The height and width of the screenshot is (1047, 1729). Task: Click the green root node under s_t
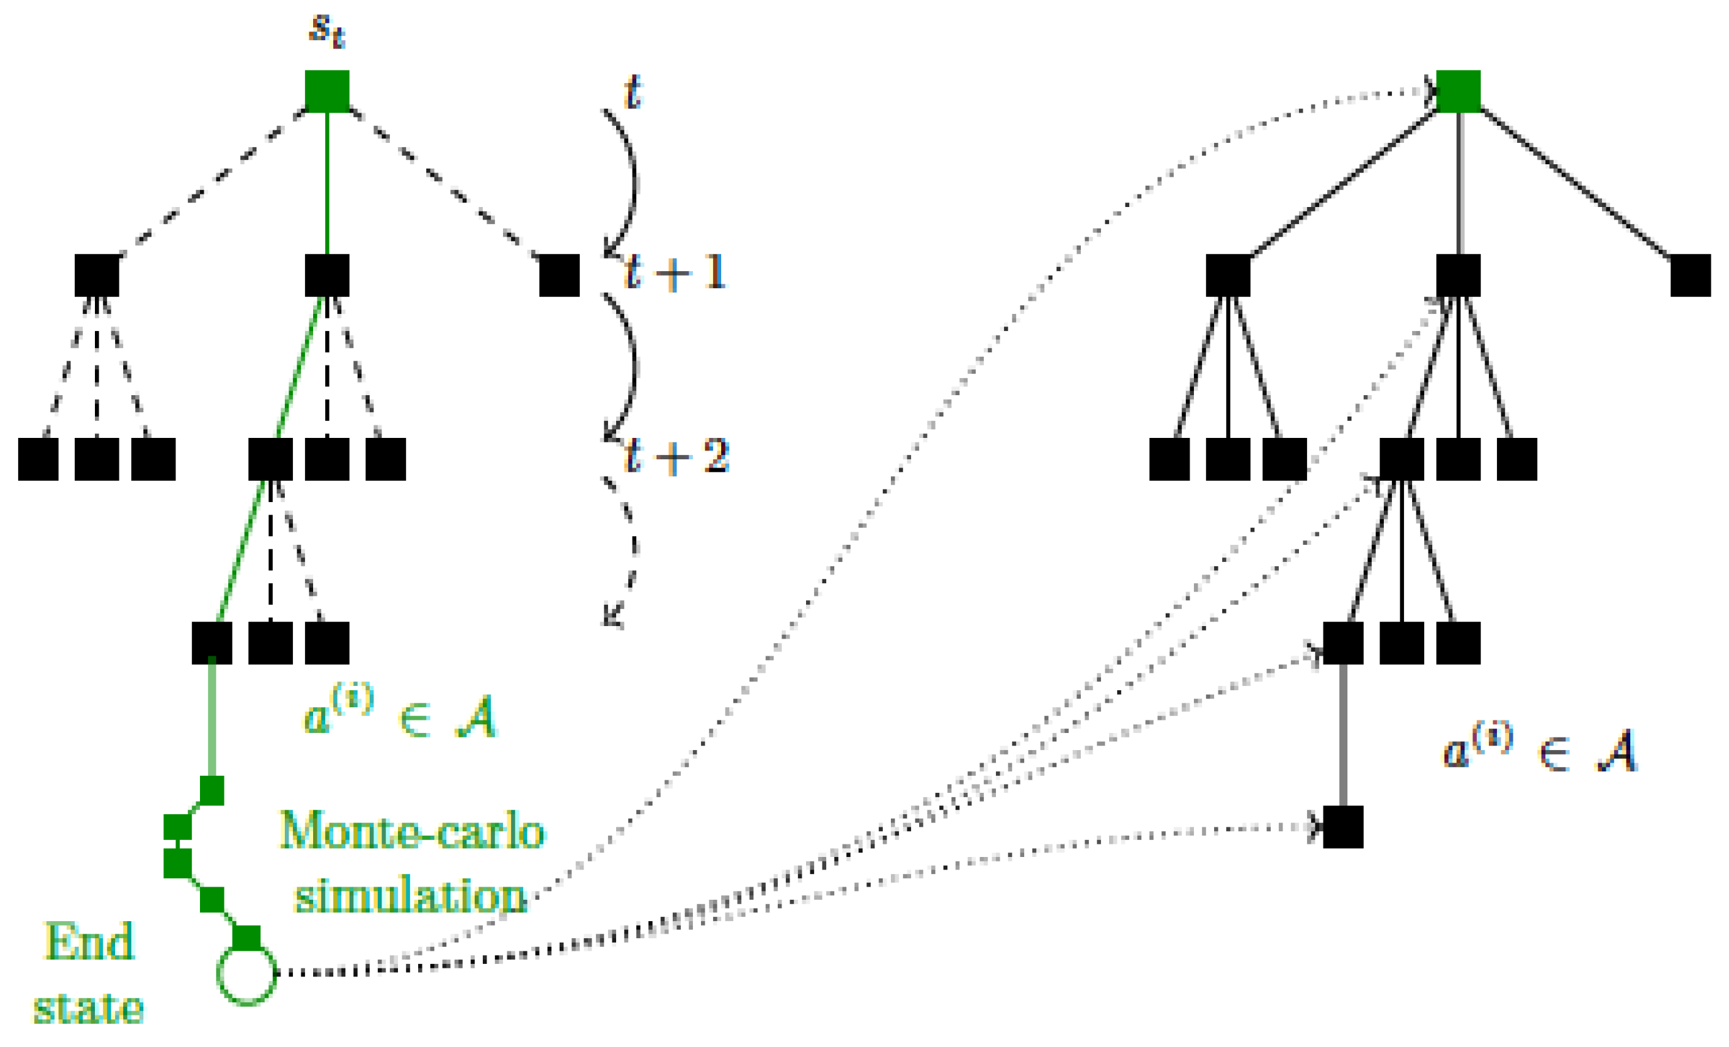point(327,91)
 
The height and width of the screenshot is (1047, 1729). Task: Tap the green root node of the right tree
point(1458,91)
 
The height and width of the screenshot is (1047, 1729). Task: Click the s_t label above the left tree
point(327,30)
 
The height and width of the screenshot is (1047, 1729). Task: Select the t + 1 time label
point(675,272)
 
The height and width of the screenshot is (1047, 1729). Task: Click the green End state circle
point(246,975)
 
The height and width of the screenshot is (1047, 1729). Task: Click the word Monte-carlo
point(412,832)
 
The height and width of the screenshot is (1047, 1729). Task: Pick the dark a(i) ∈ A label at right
point(1539,748)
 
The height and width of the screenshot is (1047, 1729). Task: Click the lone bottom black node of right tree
point(1342,827)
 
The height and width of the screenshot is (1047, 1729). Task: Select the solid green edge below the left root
point(327,182)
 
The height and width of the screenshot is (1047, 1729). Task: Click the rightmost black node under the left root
point(560,275)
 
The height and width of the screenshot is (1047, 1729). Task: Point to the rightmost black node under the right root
point(1690,275)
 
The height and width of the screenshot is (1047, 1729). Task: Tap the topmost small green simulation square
point(212,790)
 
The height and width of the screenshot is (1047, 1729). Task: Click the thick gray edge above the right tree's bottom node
point(1342,734)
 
